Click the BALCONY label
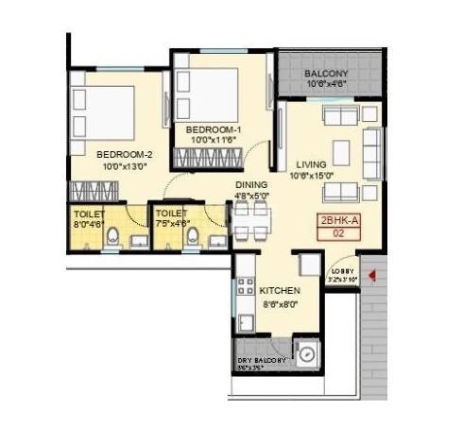click(327, 74)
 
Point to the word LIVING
click(310, 162)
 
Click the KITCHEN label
click(281, 290)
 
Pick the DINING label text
click(251, 185)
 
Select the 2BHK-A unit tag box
click(338, 231)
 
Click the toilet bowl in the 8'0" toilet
click(113, 236)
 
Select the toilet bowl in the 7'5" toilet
click(192, 237)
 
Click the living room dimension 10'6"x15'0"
click(311, 175)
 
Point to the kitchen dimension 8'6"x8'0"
click(280, 304)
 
